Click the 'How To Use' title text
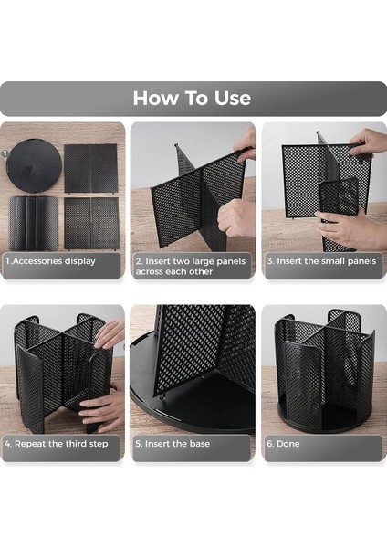(x=192, y=99)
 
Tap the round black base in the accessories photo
(x=34, y=165)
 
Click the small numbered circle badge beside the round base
(x=5, y=153)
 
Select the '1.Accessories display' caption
(x=50, y=261)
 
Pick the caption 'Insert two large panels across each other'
(x=191, y=267)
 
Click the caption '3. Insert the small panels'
(x=321, y=261)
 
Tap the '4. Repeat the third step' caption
(x=57, y=444)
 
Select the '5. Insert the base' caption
(x=173, y=444)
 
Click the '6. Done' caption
(x=283, y=444)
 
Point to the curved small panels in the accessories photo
(x=34, y=223)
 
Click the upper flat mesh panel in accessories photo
(x=90, y=168)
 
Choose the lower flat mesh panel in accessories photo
(x=92, y=224)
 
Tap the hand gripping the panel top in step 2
(x=246, y=144)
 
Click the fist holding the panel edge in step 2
(x=236, y=218)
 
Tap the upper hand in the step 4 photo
(x=110, y=334)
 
